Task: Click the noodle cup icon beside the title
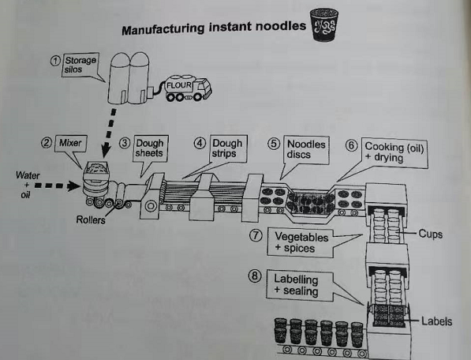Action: pyautogui.click(x=324, y=24)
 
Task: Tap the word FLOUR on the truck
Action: pyautogui.click(x=179, y=85)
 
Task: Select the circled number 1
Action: pyautogui.click(x=55, y=61)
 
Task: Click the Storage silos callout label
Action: pyautogui.click(x=80, y=65)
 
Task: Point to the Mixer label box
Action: pyautogui.click(x=70, y=143)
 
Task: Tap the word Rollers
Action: pyautogui.click(x=91, y=220)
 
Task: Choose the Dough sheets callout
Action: pyautogui.click(x=150, y=148)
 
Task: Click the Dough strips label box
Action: pyautogui.click(x=227, y=148)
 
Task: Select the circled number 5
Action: pyautogui.click(x=273, y=144)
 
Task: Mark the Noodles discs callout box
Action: pyautogui.click(x=306, y=149)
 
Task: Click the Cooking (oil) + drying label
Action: pyautogui.click(x=394, y=152)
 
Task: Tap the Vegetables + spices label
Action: pyautogui.click(x=301, y=243)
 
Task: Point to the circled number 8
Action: pyautogui.click(x=255, y=276)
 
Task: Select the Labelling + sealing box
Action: pyautogui.click(x=300, y=286)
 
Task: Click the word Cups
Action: pyautogui.click(x=431, y=234)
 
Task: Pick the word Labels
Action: pyautogui.click(x=436, y=321)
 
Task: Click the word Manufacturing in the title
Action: pyautogui.click(x=163, y=29)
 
